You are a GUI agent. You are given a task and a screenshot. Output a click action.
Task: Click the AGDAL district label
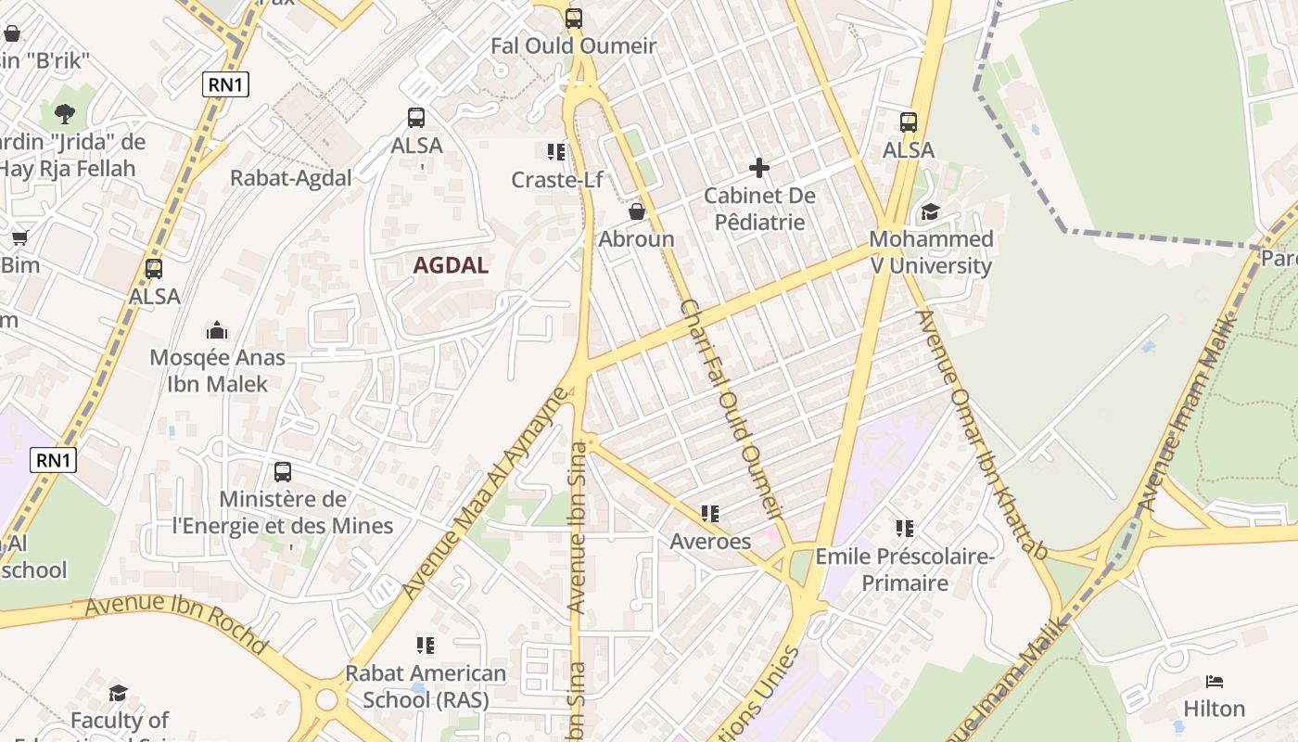pyautogui.click(x=451, y=265)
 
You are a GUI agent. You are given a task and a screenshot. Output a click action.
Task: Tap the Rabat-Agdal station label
pyautogui.click(x=291, y=178)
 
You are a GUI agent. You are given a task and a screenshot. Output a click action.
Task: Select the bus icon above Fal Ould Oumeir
pyautogui.click(x=574, y=18)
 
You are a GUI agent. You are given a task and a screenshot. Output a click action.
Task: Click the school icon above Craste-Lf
pyautogui.click(x=556, y=151)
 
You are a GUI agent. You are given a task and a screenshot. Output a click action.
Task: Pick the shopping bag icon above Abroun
pyautogui.click(x=637, y=211)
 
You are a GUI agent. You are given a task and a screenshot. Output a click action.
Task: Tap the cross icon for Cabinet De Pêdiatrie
pyautogui.click(x=759, y=168)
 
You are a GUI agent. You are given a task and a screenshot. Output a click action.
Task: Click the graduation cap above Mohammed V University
pyautogui.click(x=930, y=212)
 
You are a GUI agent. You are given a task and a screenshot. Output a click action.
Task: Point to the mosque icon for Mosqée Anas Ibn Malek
pyautogui.click(x=217, y=330)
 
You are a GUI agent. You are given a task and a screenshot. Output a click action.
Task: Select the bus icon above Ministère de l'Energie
pyautogui.click(x=283, y=471)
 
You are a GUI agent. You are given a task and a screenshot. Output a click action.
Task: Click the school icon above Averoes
pyautogui.click(x=710, y=513)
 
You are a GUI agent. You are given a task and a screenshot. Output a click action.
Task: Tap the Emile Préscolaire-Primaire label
pyautogui.click(x=905, y=569)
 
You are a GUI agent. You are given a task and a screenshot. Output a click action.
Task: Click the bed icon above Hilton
pyautogui.click(x=1215, y=682)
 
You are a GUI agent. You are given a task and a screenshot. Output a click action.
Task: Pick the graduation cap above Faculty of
pyautogui.click(x=118, y=693)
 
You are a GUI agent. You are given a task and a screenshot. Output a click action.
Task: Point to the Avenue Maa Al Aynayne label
pyautogui.click(x=484, y=493)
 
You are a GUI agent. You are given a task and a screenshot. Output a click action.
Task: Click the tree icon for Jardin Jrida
pyautogui.click(x=65, y=114)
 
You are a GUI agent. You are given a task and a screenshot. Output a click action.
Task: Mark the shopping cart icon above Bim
pyautogui.click(x=19, y=237)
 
